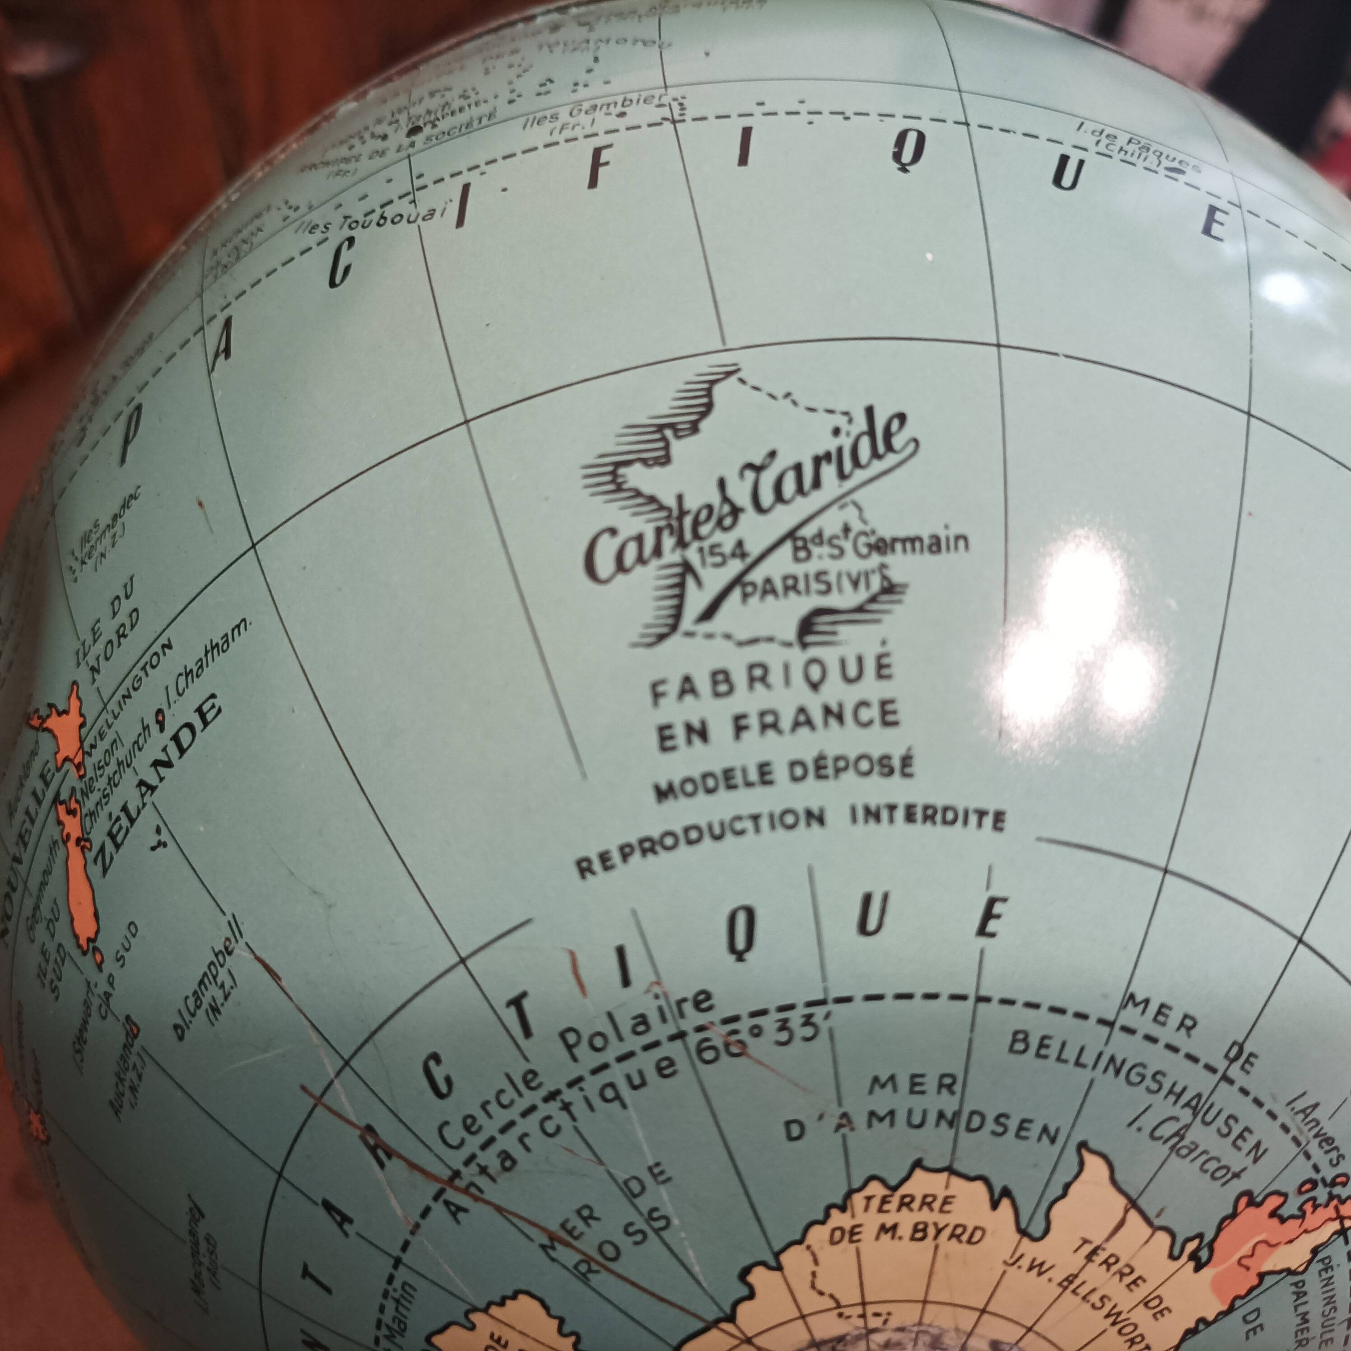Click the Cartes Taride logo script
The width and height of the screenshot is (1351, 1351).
(748, 503)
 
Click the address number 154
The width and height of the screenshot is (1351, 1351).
(724, 552)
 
